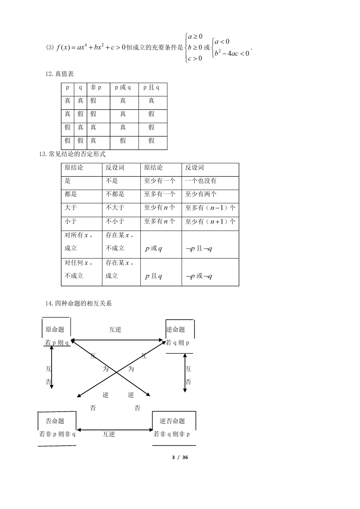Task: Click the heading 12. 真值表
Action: pos(60,74)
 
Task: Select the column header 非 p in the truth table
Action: pos(96,87)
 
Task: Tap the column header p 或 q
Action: pos(123,87)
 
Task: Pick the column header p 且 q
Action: pos(151,87)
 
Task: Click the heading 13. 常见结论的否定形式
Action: pos(72,154)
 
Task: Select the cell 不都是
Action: pos(115,194)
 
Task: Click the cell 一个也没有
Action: pos(201,181)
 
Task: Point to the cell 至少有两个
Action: pos(201,194)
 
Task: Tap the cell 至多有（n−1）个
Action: pos(210,208)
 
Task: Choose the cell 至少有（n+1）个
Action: pos(210,222)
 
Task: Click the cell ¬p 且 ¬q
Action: pos(199,249)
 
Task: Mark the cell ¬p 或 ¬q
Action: pos(199,276)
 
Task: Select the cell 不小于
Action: pos(115,221)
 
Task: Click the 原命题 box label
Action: pos(55,329)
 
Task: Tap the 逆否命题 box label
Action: pos(172,421)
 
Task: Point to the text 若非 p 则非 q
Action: pos(57,434)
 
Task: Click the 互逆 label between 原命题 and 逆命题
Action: pos(115,329)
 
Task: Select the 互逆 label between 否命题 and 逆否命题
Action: pos(109,434)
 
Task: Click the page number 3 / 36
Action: pos(180,457)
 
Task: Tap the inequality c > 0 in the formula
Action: pos(195,58)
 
